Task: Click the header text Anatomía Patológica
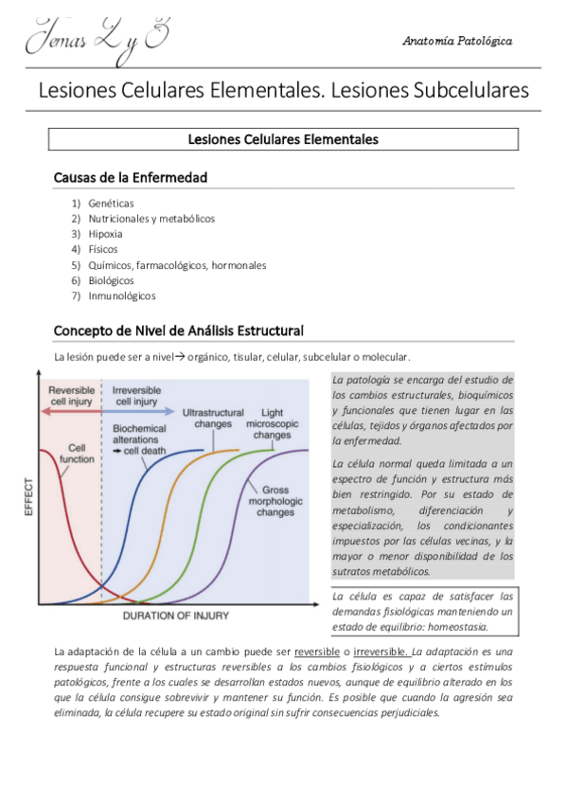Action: click(x=457, y=42)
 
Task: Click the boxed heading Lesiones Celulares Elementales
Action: click(x=283, y=139)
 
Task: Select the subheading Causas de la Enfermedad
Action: click(x=131, y=178)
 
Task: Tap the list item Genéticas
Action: click(x=111, y=203)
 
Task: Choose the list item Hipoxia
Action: click(x=105, y=233)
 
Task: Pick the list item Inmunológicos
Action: click(x=122, y=295)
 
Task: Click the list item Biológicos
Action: click(x=111, y=280)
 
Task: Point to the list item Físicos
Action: click(x=103, y=249)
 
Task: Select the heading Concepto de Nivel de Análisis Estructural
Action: click(x=179, y=330)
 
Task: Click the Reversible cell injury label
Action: click(x=71, y=396)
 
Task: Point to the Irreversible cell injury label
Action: click(x=136, y=396)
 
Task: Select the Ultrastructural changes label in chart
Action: click(x=212, y=419)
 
